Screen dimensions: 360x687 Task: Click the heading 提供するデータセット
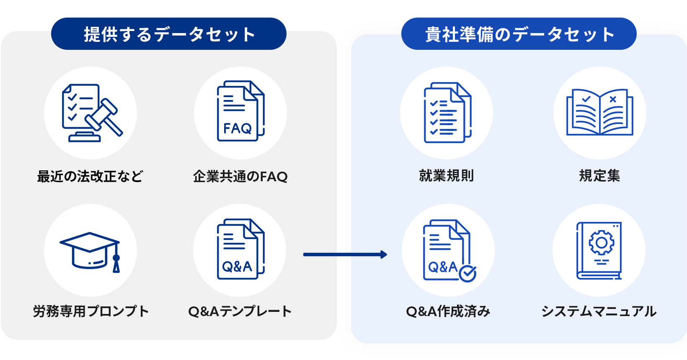pos(169,34)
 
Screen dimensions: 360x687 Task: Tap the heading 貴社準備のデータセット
pos(519,34)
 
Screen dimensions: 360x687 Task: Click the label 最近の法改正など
pos(90,176)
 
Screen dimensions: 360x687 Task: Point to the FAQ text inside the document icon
pos(238,128)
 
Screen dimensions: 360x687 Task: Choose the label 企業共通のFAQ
pos(240,176)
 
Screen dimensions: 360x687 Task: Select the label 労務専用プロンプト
pos(91,311)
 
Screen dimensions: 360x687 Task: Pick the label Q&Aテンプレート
pos(240,311)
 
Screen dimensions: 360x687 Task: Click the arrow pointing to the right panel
pos(345,255)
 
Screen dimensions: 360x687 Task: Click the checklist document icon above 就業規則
pos(447,113)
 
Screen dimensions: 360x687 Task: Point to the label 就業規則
pos(447,176)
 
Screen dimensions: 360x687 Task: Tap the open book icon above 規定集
pos(599,112)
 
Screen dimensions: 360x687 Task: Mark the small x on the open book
pos(613,99)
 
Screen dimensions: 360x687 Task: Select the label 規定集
pos(599,176)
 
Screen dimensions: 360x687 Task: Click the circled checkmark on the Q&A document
pos(467,273)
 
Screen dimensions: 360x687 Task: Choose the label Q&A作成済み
pos(448,311)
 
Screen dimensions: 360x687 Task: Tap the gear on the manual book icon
pos(602,243)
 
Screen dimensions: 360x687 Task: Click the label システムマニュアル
pos(599,311)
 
